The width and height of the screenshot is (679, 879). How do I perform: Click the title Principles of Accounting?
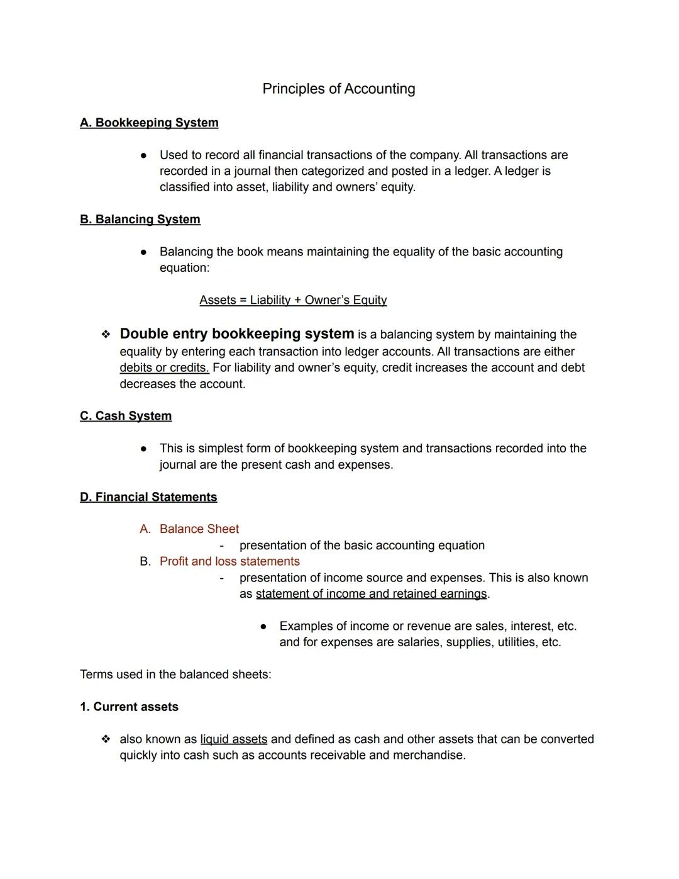pos(338,89)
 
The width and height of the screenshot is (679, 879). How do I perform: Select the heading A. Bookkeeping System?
pos(149,123)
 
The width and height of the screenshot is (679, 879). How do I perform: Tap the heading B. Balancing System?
pos(140,220)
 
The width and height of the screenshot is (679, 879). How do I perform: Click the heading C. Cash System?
pos(126,416)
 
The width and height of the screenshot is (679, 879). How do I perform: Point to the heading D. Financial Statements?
pos(148,497)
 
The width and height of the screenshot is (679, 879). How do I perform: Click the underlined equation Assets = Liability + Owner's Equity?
pos(293,300)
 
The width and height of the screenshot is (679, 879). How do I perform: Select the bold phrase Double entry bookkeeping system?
pos(236,334)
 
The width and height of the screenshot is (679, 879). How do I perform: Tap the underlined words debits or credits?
pos(164,367)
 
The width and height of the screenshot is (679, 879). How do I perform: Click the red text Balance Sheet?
pos(199,529)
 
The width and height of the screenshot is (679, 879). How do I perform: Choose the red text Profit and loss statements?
pos(229,561)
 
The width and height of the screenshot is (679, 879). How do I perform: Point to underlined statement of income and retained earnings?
pos(371,594)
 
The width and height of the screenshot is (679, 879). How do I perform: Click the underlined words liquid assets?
pos(233,739)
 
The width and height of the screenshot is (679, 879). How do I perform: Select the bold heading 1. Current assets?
pos(129,707)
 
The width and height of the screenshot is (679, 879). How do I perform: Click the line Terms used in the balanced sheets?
pos(175,675)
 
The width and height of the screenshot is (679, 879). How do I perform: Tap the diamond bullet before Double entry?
pos(106,335)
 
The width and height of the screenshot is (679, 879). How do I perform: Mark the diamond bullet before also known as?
pos(106,739)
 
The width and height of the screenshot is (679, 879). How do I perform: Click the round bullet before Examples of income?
pos(263,627)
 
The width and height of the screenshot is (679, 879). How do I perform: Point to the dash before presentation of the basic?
pos(221,546)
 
